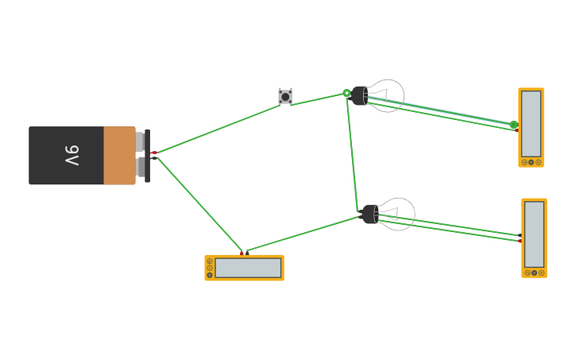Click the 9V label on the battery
[x=72, y=155]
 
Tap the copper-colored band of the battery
[x=119, y=155]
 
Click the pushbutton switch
[x=285, y=96]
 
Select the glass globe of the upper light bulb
[x=389, y=95]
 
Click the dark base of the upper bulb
[x=360, y=95]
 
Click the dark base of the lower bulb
[x=369, y=214]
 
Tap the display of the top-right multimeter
[x=531, y=123]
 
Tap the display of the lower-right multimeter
[x=534, y=234]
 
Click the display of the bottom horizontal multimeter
[x=248, y=268]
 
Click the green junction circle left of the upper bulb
[x=346, y=93]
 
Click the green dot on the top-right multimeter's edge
[x=513, y=125]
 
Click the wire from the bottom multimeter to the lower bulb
[x=302, y=234]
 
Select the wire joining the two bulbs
[x=352, y=151]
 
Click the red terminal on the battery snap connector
[x=153, y=152]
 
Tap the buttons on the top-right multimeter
[x=531, y=162]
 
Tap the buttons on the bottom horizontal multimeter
[x=210, y=268]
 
